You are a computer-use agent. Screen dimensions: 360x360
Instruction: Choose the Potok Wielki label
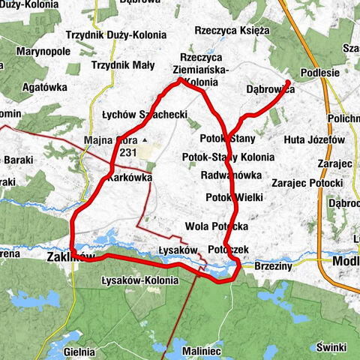click(x=233, y=197)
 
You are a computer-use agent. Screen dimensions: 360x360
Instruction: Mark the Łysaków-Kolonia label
click(x=139, y=280)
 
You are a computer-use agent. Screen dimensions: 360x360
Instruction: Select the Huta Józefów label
click(x=314, y=139)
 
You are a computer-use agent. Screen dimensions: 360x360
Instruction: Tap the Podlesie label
click(x=319, y=73)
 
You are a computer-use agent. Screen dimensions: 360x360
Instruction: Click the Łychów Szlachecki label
click(x=144, y=115)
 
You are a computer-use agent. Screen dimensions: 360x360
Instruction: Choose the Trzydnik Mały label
click(x=122, y=64)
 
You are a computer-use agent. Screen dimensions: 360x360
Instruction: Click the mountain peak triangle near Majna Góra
click(x=144, y=140)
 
